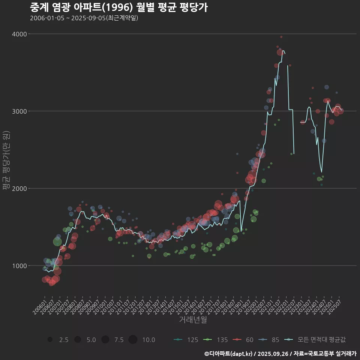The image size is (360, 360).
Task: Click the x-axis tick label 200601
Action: pyautogui.click(x=39, y=306)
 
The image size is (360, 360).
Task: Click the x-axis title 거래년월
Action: pyautogui.click(x=193, y=320)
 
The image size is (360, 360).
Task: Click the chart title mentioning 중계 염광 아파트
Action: pyautogui.click(x=118, y=7)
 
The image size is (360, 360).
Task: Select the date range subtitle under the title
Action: pyautogui.click(x=84, y=18)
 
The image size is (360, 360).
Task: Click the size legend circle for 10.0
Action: pyautogui.click(x=133, y=340)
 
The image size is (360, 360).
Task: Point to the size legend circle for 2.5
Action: pyautogui.click(x=50, y=340)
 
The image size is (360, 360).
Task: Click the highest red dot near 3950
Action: pyautogui.click(x=281, y=37)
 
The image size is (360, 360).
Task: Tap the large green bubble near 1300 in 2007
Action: pyautogui.click(x=57, y=242)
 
